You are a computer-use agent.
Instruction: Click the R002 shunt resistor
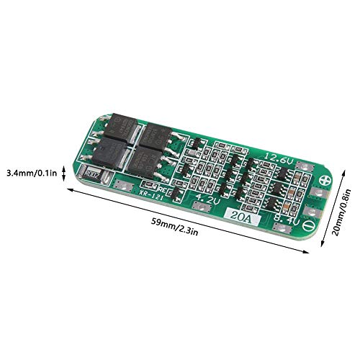point(91,174)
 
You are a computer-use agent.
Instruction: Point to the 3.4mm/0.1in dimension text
point(32,173)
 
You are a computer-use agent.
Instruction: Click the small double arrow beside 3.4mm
point(66,173)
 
